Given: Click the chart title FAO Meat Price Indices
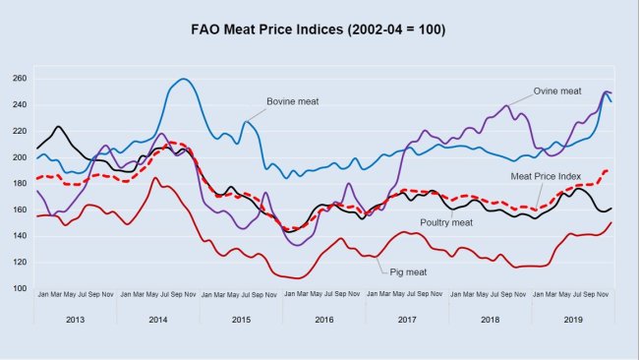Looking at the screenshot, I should [x=319, y=30].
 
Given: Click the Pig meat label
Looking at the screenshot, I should [x=407, y=271].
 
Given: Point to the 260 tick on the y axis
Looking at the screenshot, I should [x=19, y=79].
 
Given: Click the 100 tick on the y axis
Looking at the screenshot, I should [x=19, y=288].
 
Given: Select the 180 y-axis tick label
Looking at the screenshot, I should [x=19, y=184].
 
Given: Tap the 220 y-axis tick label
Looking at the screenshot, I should [x=19, y=131].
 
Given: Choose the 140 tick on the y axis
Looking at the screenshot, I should [x=19, y=236].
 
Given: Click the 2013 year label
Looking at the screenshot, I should [x=75, y=319].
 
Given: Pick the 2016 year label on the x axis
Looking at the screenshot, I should [x=323, y=319].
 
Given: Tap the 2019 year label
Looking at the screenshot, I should [x=573, y=319].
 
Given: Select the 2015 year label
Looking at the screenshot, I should [x=241, y=319].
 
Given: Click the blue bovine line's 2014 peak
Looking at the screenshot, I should [x=184, y=79].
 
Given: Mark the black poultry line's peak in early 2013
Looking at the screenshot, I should [x=59, y=127].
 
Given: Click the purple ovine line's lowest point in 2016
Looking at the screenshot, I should [x=299, y=245].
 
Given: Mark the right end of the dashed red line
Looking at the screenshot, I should [x=610, y=170].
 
